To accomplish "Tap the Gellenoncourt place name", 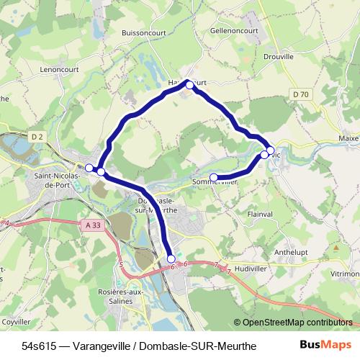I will pos(234,32).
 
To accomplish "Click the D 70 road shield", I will pos(301,94).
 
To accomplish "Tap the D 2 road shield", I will pos(37,136).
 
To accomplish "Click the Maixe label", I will pos(348,138).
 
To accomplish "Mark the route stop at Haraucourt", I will pos(189,84).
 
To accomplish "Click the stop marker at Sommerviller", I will pos(213,177).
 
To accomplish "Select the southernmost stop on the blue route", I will pos(171,258).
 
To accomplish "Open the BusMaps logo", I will pos(325,345).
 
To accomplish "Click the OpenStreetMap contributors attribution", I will pos(295,323).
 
